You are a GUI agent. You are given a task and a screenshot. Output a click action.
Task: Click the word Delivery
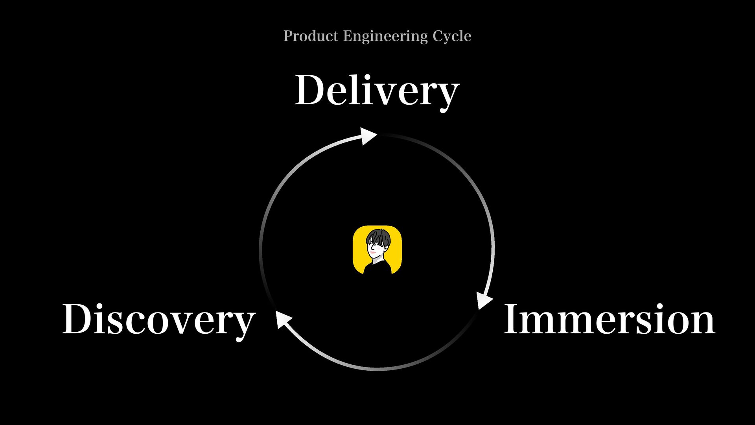pos(377,91)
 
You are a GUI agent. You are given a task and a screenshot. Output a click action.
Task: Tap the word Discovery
pos(159,320)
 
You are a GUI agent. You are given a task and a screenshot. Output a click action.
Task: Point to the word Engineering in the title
pos(385,37)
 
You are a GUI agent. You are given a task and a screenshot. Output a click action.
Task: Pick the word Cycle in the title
pos(452,37)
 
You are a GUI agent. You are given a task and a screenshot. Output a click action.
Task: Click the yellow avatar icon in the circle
pos(377,249)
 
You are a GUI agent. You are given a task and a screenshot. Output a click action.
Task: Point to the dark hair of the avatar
pos(378,237)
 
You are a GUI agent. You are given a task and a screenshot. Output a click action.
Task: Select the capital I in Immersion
pos(512,319)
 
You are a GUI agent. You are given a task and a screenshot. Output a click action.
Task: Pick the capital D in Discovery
pos(79,319)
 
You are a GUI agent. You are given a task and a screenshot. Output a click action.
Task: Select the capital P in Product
pos(288,36)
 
